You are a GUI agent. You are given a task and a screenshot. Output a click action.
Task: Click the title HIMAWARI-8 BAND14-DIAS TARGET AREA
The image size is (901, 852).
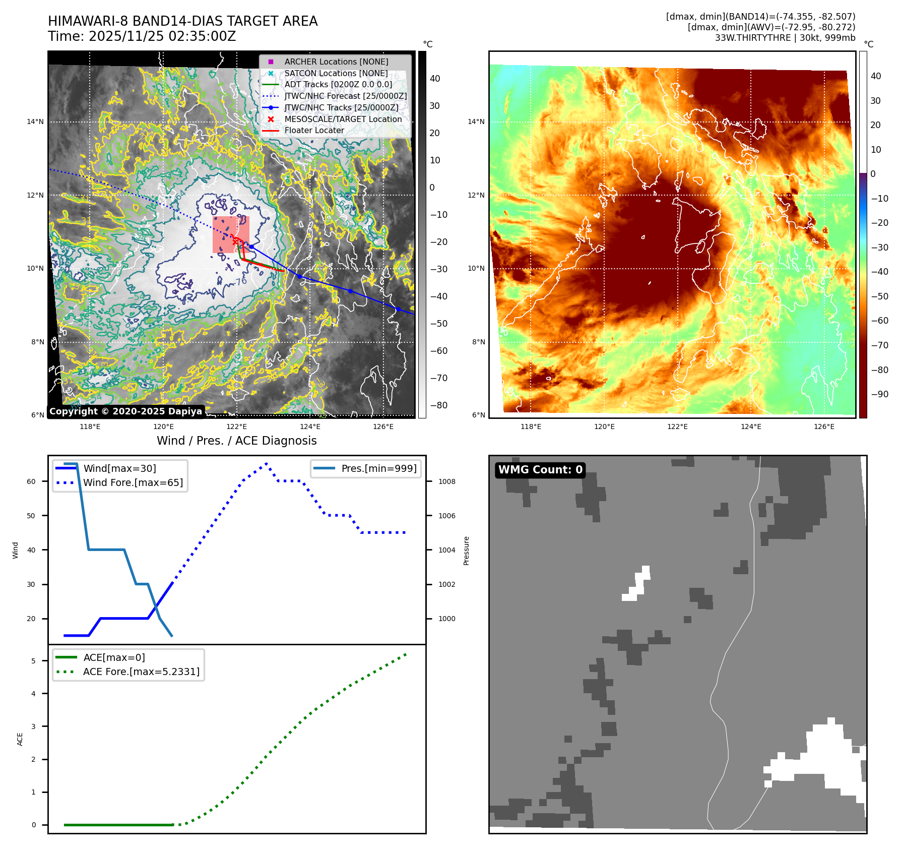coord(182,21)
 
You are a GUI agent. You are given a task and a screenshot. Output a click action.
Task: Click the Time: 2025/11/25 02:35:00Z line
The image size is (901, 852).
coord(142,36)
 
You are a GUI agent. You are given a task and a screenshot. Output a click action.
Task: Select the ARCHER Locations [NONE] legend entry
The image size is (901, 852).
coord(336,62)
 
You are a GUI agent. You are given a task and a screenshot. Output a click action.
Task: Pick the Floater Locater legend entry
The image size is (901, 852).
coord(314,130)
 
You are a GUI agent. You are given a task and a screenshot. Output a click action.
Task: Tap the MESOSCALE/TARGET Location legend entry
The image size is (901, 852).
coord(343,119)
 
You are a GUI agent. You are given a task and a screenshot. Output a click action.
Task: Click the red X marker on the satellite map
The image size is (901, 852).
coord(235,241)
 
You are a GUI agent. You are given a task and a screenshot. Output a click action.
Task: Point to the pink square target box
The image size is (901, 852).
coord(231,234)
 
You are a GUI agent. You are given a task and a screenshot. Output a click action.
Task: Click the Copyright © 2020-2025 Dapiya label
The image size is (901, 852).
coord(125,411)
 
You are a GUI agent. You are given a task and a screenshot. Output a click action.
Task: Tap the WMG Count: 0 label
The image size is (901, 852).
coord(540,470)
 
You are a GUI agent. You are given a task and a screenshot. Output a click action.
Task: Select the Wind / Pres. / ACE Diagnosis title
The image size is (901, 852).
coord(236,441)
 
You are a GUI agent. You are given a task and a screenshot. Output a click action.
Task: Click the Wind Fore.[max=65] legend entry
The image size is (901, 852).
coord(133,482)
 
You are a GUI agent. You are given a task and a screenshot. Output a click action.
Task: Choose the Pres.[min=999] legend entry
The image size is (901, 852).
coord(378,468)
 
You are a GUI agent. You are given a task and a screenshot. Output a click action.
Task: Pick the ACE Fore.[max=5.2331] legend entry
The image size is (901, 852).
coord(141,672)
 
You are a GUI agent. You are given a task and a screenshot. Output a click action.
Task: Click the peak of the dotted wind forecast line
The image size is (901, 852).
coord(266,463)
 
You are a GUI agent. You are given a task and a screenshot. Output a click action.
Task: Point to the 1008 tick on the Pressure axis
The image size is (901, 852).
coord(446,481)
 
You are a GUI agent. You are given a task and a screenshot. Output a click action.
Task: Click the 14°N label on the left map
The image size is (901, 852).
coord(35,121)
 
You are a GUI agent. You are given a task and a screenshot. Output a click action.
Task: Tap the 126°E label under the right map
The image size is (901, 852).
coord(824,427)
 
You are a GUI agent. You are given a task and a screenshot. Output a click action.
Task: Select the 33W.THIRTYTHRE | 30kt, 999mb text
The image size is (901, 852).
coord(785,38)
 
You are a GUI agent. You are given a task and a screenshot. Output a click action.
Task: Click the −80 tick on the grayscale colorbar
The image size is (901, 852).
coord(438,405)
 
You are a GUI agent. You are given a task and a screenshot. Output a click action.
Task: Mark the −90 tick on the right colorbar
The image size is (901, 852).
coord(880,394)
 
